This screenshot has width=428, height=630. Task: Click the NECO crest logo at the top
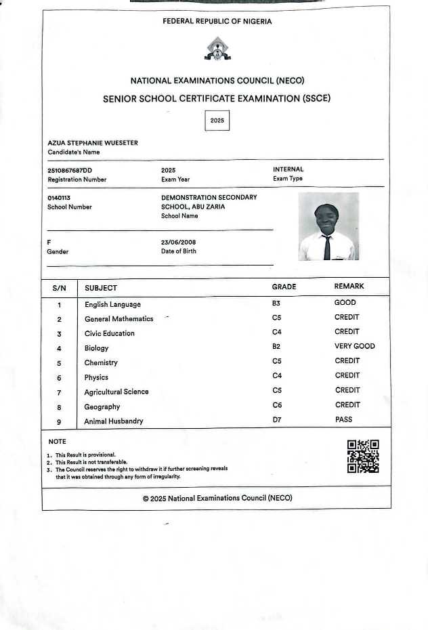point(217,48)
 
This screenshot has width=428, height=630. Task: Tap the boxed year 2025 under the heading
point(217,120)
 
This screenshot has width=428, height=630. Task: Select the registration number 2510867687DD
point(70,169)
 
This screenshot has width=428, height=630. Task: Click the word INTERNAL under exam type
point(288,169)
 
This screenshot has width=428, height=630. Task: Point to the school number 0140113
point(59,197)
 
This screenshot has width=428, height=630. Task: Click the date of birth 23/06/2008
point(178,241)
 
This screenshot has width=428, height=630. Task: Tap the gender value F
point(49,241)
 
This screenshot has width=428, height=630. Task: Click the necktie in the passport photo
point(327,247)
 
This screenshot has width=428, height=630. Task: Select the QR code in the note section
point(363,456)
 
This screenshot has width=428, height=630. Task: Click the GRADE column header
point(284,287)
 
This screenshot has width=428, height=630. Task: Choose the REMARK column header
point(349,287)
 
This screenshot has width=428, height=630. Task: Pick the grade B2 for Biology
point(276,346)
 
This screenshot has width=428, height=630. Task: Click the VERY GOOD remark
point(354,346)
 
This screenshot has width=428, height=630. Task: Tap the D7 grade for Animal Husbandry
point(276,419)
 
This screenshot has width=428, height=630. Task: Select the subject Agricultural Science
point(116,392)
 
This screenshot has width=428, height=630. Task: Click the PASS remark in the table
point(343,419)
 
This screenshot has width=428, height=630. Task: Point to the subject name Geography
point(102,406)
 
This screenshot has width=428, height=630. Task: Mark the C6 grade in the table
point(276,404)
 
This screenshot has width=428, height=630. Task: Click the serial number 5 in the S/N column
point(59,363)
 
